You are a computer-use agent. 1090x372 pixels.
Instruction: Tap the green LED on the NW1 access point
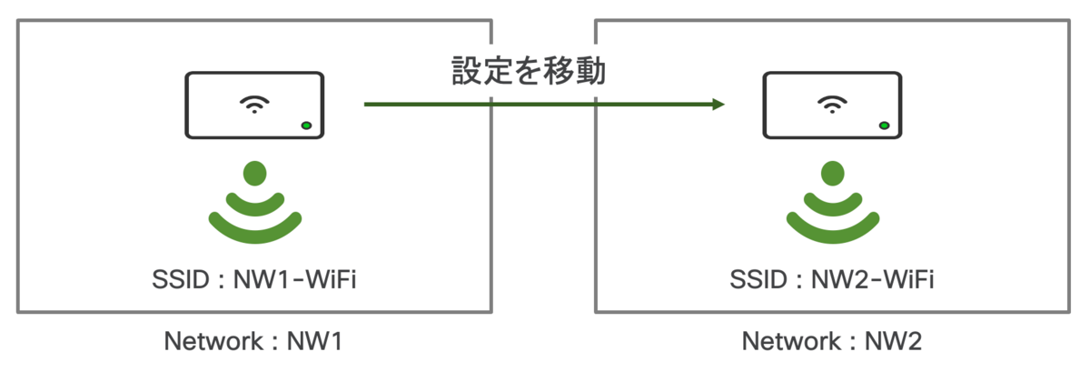point(307,126)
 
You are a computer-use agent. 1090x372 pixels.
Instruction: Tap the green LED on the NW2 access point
point(884,126)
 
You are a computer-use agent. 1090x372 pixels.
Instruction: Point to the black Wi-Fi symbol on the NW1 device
point(254,105)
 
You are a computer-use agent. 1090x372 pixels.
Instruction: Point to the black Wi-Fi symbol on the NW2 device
point(832,105)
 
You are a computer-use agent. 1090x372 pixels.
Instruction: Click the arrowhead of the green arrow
point(718,105)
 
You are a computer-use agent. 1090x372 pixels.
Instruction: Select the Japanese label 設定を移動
point(529,71)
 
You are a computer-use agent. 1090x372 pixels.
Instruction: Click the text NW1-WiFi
point(295,279)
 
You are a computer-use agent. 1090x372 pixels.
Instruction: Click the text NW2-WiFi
point(873,279)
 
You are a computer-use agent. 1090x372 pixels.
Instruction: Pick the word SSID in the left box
point(181,279)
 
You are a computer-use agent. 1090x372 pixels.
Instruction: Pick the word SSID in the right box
point(758,279)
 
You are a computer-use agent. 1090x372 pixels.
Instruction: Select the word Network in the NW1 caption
point(213,341)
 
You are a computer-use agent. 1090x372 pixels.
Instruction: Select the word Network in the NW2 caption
point(791,341)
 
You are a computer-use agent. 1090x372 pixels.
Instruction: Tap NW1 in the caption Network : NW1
point(315,341)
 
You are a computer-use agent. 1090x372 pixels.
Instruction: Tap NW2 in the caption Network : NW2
point(893,341)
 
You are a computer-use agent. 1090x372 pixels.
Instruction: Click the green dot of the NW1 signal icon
point(255,173)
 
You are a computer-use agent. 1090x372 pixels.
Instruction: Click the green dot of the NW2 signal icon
point(833,173)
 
